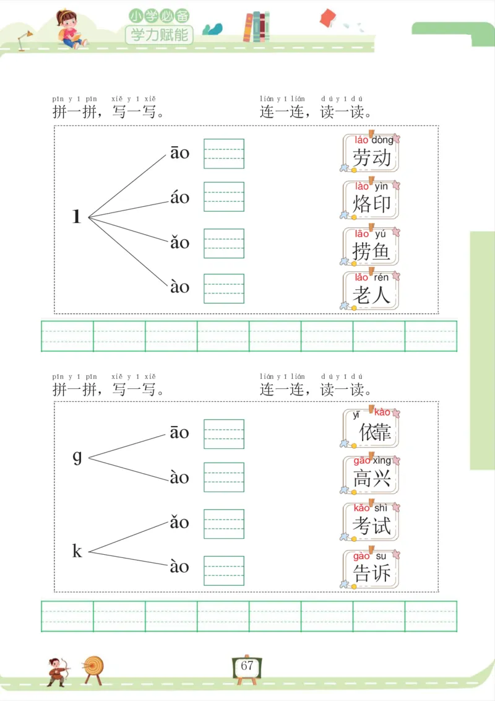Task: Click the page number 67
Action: pos(247,666)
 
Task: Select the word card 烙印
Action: pos(371,198)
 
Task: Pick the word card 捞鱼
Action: pos(371,246)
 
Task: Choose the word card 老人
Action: pos(371,290)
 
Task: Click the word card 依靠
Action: pos(371,428)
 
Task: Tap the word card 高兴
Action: pos(371,474)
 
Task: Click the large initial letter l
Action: pos(77,217)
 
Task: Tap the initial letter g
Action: pos(77,457)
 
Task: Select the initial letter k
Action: pos(77,551)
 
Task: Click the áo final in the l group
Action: pos(179,198)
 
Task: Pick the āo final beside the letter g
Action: pos(179,432)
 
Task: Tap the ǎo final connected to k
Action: pos(179,522)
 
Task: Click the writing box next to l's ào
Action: pos(224,289)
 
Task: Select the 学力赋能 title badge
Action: pos(159,35)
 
